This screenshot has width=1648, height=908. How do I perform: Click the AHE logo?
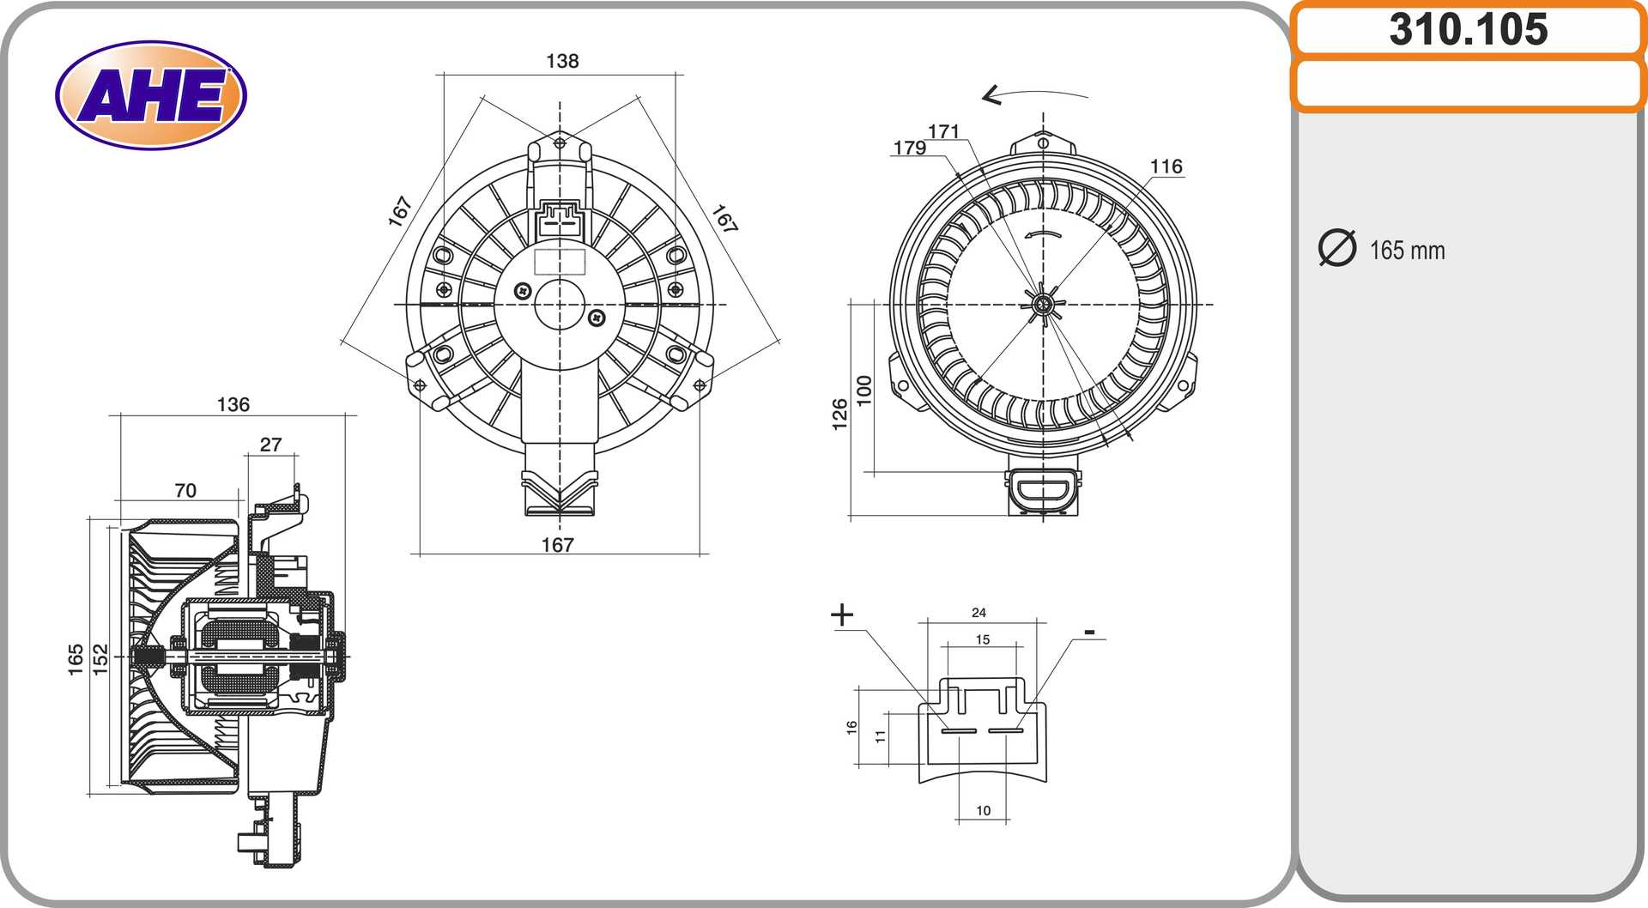pyautogui.click(x=151, y=95)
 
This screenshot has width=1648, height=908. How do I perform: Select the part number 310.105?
pyautogui.click(x=1468, y=29)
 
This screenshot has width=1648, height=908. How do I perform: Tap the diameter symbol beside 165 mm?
pyautogui.click(x=1336, y=248)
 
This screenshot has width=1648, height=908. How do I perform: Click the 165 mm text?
pyautogui.click(x=1407, y=251)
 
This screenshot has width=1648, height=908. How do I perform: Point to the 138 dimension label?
pyautogui.click(x=562, y=61)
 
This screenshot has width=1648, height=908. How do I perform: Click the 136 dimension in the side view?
pyautogui.click(x=233, y=404)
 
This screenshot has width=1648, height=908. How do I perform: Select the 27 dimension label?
pyautogui.click(x=270, y=445)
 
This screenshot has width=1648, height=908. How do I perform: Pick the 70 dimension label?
pyautogui.click(x=185, y=490)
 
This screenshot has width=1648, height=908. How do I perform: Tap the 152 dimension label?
pyautogui.click(x=100, y=659)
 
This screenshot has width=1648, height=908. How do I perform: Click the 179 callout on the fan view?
pyautogui.click(x=909, y=148)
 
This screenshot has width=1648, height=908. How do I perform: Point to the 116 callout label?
pyautogui.click(x=1166, y=166)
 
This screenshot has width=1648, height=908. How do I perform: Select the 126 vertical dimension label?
pyautogui.click(x=839, y=415)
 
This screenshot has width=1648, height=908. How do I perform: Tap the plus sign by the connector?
pyautogui.click(x=843, y=614)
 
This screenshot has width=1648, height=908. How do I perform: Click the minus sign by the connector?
pyautogui.click(x=1089, y=633)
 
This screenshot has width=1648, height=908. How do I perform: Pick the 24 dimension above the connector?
pyautogui.click(x=978, y=613)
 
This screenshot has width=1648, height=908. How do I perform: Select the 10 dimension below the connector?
pyautogui.click(x=983, y=810)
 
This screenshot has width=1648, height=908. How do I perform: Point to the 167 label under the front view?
pyautogui.click(x=557, y=545)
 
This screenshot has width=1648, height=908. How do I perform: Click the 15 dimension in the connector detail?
pyautogui.click(x=983, y=639)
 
